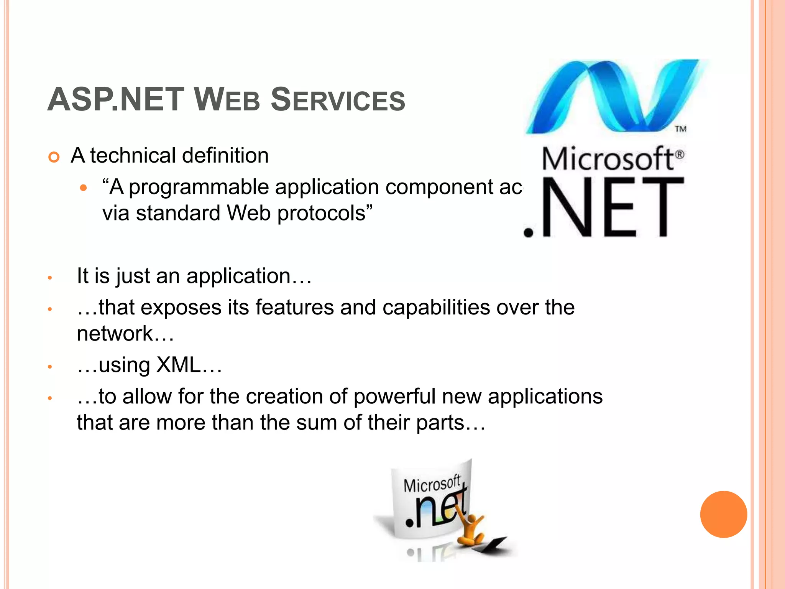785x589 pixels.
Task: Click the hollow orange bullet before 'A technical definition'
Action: (x=54, y=157)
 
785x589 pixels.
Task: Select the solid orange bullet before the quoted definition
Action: (x=84, y=188)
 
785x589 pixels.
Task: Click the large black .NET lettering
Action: (x=604, y=207)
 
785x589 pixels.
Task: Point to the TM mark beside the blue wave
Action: (x=680, y=129)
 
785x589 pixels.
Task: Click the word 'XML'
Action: (x=179, y=365)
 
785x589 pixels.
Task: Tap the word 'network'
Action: (x=115, y=334)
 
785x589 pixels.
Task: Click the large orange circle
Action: (x=723, y=514)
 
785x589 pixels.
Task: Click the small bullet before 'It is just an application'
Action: (x=49, y=277)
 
